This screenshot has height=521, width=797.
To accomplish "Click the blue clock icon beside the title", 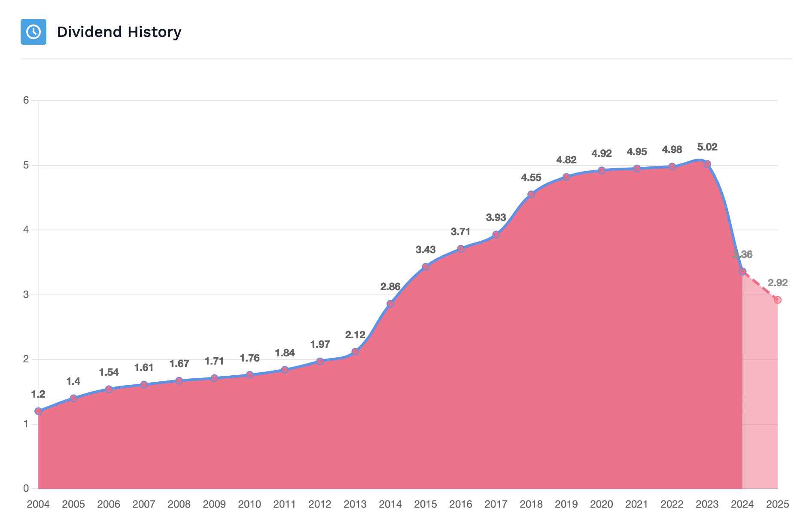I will (33, 32).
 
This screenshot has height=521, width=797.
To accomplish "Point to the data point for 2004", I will (38, 411).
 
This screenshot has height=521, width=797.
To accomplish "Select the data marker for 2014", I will (390, 303).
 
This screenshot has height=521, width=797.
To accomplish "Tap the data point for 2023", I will (707, 164).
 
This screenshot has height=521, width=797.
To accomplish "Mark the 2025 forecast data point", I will (778, 300).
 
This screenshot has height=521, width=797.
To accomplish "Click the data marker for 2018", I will (531, 194).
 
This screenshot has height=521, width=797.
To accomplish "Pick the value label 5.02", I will (707, 147).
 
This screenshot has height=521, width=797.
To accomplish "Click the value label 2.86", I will (390, 286).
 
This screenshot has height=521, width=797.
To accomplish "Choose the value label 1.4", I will (73, 381).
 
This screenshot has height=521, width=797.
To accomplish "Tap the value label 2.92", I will (778, 283).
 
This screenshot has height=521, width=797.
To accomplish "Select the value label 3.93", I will (496, 218).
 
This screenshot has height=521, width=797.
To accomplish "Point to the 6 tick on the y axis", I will (26, 100).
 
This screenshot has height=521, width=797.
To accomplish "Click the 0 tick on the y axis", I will (26, 488).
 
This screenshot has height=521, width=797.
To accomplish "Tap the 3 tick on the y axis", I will (26, 294).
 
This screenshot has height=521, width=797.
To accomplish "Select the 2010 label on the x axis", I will (249, 504).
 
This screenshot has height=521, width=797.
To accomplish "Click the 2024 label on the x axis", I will (742, 504).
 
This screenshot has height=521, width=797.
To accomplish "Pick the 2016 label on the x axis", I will (461, 504).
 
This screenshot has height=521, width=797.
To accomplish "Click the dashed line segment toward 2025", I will (760, 286).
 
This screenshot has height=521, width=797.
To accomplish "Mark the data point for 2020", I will (602, 170).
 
